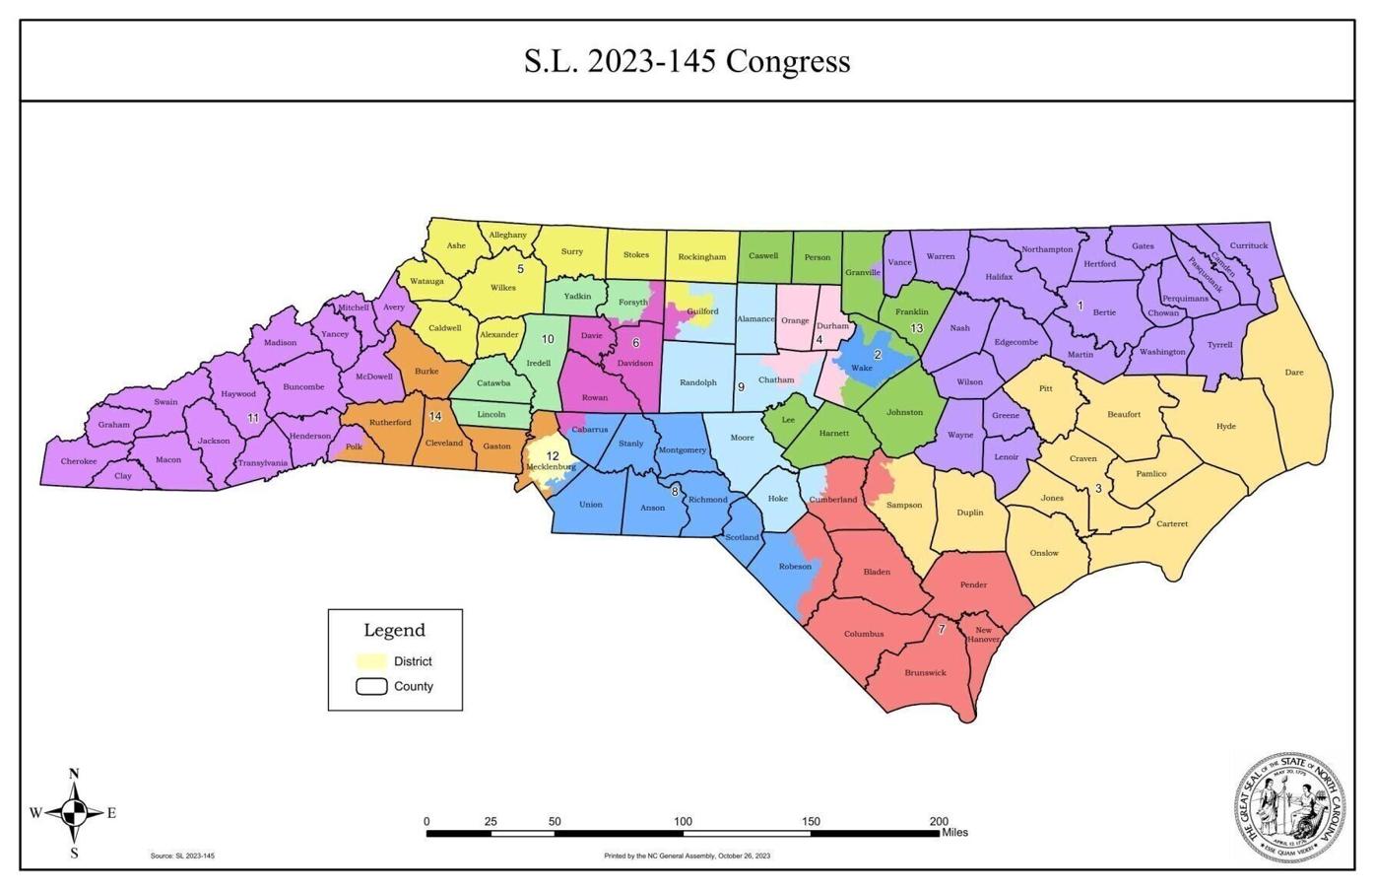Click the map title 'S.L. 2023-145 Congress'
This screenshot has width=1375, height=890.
coord(687,61)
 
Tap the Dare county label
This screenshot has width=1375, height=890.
coord(1294,373)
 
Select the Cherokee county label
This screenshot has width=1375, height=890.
coord(79,461)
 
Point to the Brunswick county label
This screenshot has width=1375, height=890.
coord(925,673)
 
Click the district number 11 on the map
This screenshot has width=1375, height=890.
coord(253,418)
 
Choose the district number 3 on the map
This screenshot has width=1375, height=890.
coord(1098,488)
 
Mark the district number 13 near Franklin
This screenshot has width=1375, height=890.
coord(916,328)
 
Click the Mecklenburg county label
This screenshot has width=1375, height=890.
coord(551,466)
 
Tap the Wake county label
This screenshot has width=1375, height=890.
coord(862,369)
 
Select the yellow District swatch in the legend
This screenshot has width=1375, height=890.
coord(370,661)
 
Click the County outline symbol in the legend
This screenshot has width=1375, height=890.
coord(370,687)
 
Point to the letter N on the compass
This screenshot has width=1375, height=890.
coord(74,775)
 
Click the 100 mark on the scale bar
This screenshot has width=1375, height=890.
coord(683,821)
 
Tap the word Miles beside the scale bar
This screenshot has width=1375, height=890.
coord(954,833)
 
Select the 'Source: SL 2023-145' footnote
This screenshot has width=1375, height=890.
coord(182,856)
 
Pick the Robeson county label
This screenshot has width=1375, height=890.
coord(795,567)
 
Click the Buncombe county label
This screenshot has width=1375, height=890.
coord(303,387)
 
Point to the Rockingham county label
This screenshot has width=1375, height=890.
coord(701,257)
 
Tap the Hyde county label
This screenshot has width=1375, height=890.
coord(1225,427)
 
